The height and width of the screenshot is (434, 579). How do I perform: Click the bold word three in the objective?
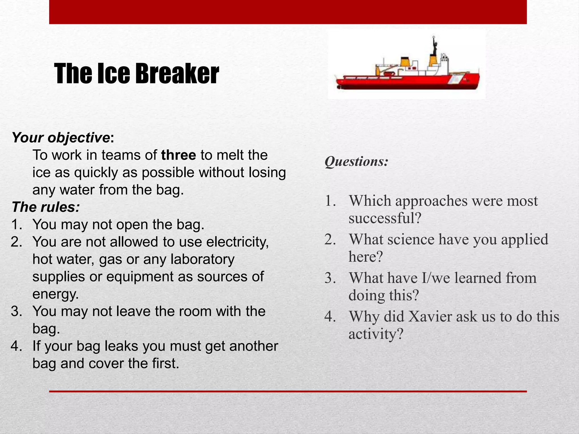tap(178, 155)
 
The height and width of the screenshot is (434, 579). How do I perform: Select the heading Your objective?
tap(61, 138)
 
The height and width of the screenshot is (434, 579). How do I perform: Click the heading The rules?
tap(46, 207)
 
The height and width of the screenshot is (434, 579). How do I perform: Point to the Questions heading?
tap(357, 162)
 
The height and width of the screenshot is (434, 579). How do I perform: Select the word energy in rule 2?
tap(55, 294)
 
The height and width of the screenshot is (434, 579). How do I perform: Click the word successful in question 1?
tap(385, 218)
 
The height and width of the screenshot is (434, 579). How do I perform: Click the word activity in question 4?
tap(375, 334)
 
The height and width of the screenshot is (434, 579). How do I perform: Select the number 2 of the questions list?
tap(330, 240)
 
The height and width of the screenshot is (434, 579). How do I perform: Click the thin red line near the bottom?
tap(288, 391)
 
